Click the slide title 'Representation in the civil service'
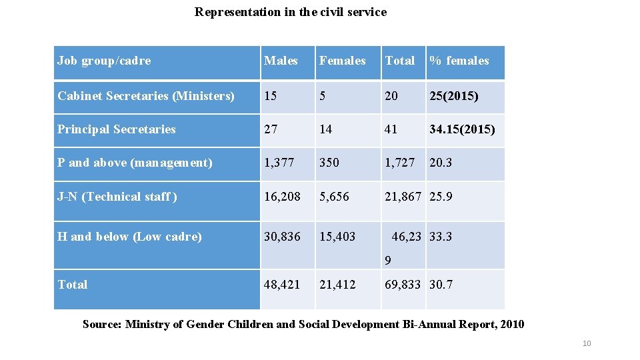coord(290,12)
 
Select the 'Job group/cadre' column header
coord(104,61)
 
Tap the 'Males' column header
coord(281,61)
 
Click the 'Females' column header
coord(342,61)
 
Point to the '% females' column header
coord(459,61)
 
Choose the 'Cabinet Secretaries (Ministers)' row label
coord(146,96)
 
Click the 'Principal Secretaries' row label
coord(117,129)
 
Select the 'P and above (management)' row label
coord(135,163)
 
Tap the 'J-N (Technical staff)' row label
coord(117,197)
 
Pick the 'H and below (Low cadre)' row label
coord(129,237)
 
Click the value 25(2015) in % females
coord(453,96)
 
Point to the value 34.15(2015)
coord(462,129)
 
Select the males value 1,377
coord(279,163)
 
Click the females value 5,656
coord(334,197)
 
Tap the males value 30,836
coord(282,237)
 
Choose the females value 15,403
coord(337,237)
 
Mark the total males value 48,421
coord(282,285)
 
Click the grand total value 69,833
coord(403,285)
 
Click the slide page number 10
coord(587,343)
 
